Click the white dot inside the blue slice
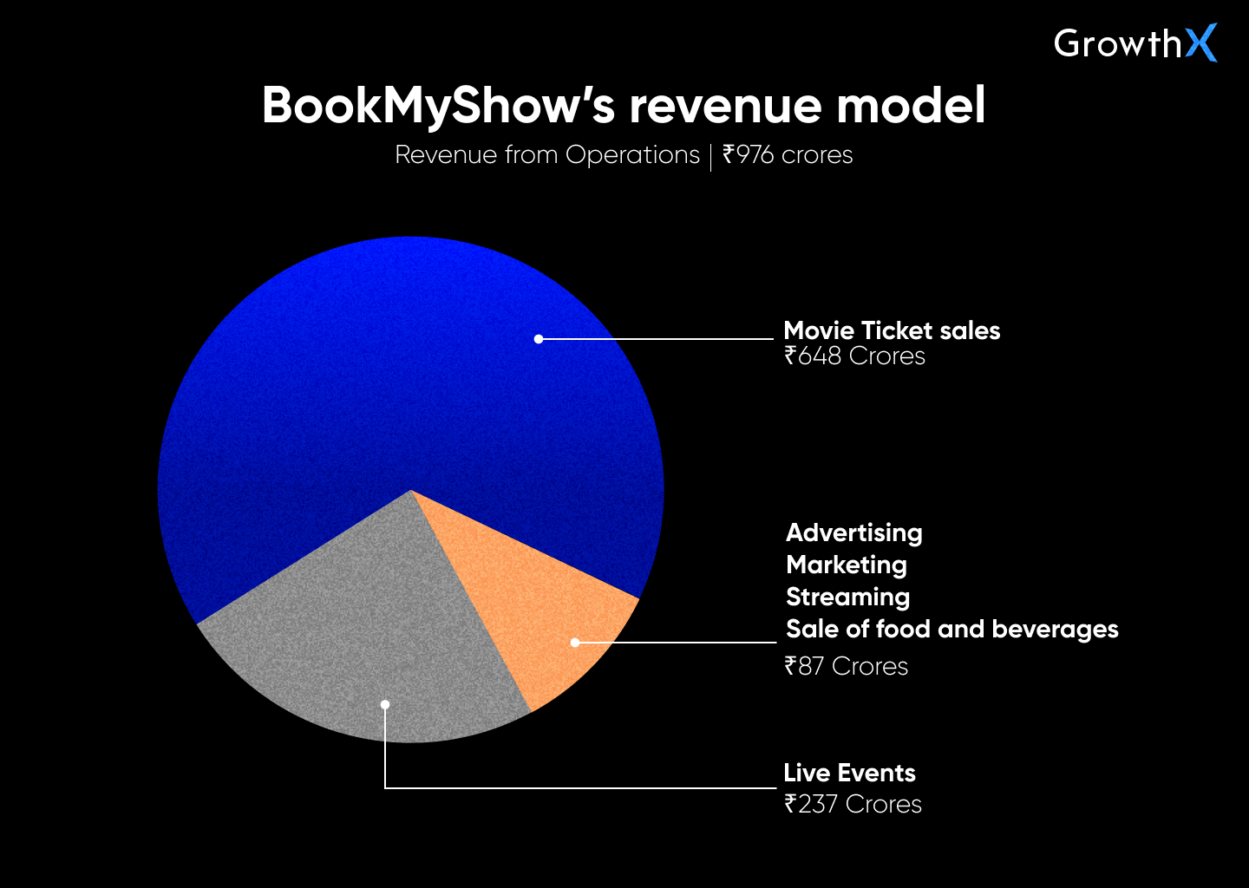pos(539,339)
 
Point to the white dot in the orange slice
pos(575,643)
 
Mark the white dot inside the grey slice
pos(385,704)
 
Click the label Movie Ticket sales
pos(892,330)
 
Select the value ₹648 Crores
pos(854,356)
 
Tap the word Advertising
pos(853,532)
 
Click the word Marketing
pos(846,565)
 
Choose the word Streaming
pos(847,597)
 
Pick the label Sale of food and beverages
pos(951,629)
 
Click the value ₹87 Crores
pos(846,666)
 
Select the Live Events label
pos(849,773)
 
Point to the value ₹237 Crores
pos(853,804)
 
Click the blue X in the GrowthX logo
pos(1201,42)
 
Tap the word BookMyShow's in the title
pos(438,106)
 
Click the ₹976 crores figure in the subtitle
pos(788,155)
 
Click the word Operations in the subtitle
pos(632,155)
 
